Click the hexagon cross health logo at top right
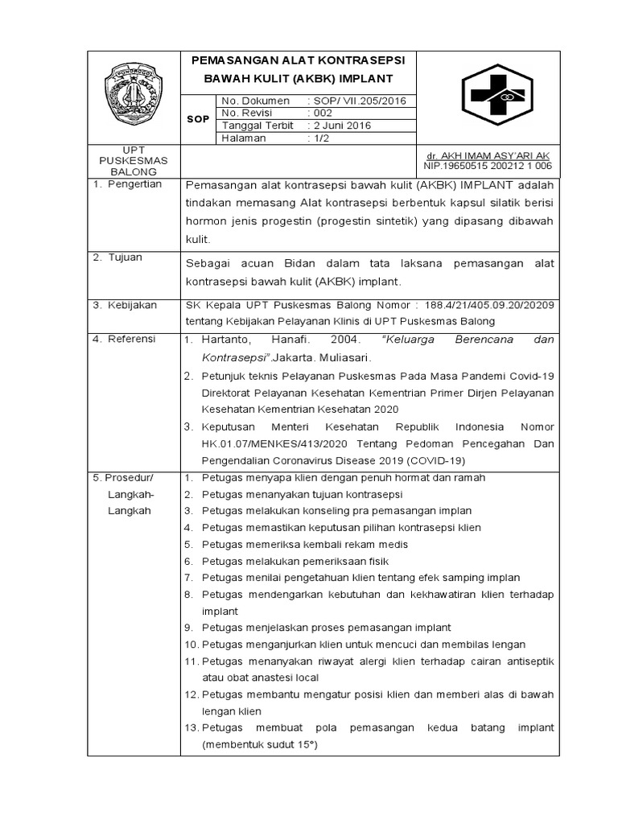(x=496, y=96)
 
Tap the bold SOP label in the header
(x=198, y=119)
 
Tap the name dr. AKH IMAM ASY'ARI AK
(x=488, y=155)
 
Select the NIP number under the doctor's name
(x=488, y=166)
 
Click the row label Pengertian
(x=134, y=184)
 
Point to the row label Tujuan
(x=126, y=257)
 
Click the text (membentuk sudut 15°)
(x=260, y=745)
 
